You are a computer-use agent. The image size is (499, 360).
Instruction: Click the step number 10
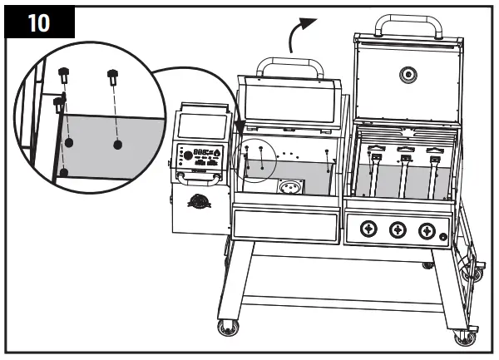38,22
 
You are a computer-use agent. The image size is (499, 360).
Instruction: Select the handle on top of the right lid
406,25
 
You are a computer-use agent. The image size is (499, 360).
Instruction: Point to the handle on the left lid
289,67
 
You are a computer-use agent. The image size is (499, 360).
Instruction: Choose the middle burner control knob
398,229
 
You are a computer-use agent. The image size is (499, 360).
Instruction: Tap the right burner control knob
427,229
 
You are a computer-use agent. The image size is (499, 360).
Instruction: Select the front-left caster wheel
225,329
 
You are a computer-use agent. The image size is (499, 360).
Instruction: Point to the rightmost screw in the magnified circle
112,79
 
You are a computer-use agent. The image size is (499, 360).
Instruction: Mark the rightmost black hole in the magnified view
117,144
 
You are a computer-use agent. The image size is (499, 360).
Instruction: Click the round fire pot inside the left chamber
291,188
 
